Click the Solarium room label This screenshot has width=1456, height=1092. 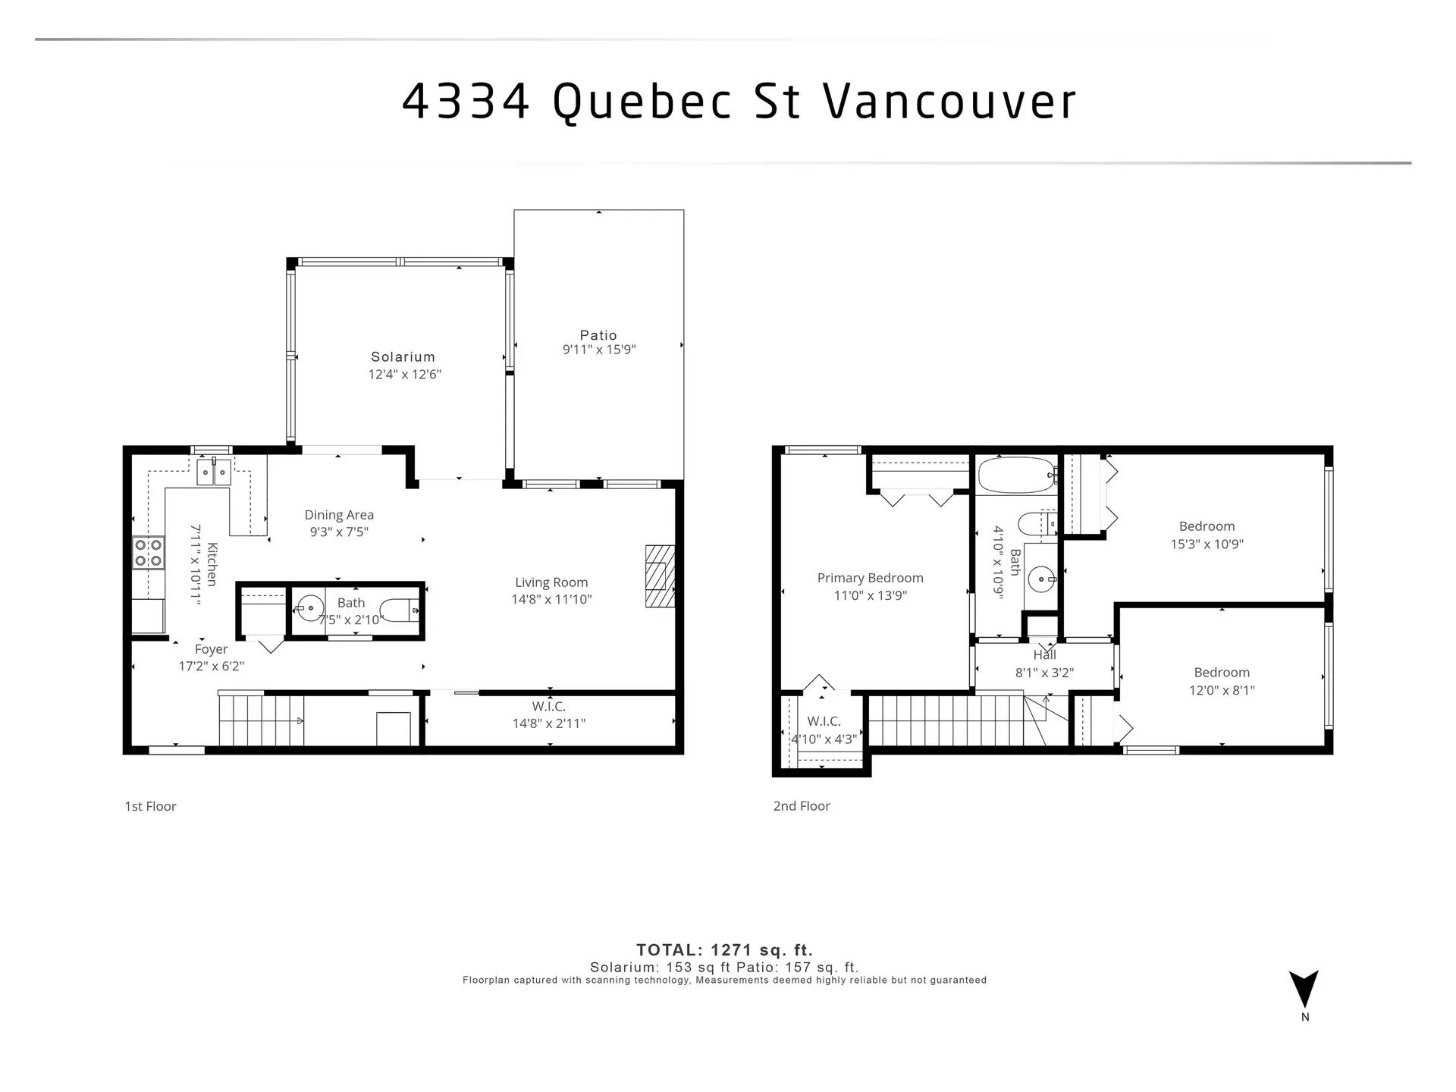tap(403, 356)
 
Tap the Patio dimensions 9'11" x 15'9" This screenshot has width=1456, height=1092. tap(598, 350)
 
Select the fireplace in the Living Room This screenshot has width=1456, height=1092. tap(659, 576)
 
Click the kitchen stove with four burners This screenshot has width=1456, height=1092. tap(149, 553)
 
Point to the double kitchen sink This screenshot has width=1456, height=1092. tap(214, 472)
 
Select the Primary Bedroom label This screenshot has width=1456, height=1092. tap(870, 578)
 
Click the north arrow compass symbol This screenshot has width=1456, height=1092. tap(1304, 989)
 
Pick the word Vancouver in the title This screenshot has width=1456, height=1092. tap(949, 101)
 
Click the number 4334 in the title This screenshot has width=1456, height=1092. tap(465, 101)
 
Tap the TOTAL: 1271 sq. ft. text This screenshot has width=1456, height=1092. tap(724, 950)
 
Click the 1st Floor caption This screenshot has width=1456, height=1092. tap(150, 806)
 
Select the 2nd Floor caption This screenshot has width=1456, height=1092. tap(802, 806)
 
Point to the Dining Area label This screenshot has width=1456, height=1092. tap(339, 515)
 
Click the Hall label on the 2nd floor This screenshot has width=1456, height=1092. tap(1044, 655)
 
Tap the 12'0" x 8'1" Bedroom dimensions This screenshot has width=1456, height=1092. tap(1222, 690)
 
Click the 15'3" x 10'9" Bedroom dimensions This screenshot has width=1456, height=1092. tap(1207, 544)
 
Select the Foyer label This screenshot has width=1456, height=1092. tap(211, 649)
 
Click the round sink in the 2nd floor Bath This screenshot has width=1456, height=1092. tap(1041, 580)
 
